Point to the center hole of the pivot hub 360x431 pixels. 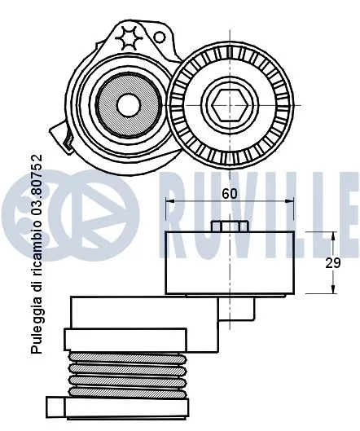[x=128, y=103]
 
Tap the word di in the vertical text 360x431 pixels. [x=36, y=285]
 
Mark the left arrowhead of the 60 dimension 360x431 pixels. [x=169, y=200]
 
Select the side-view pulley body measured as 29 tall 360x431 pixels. [x=230, y=262]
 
